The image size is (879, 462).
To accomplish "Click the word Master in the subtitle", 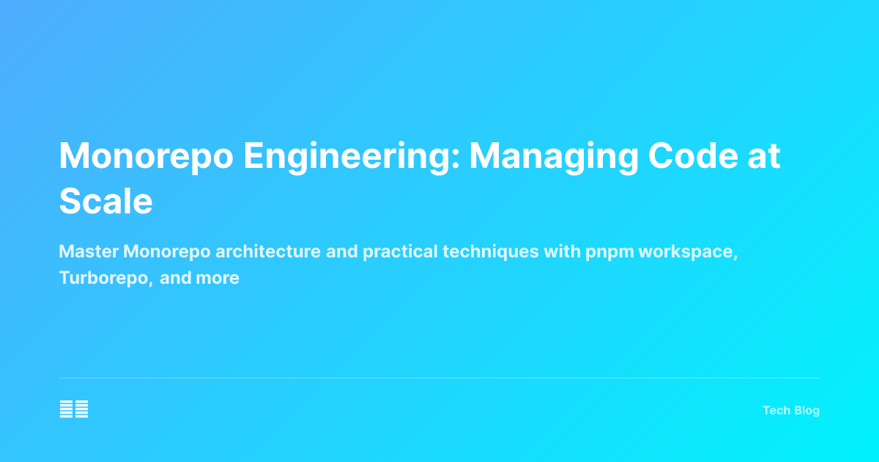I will [89, 252].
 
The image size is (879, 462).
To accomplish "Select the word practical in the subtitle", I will [400, 252].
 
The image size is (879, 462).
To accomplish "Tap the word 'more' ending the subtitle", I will [218, 279].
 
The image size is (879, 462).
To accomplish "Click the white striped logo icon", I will [74, 409].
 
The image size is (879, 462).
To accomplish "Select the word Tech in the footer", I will [776, 410].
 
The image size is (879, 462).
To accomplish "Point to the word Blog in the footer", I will [806, 410].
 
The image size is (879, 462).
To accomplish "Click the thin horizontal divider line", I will [439, 378].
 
